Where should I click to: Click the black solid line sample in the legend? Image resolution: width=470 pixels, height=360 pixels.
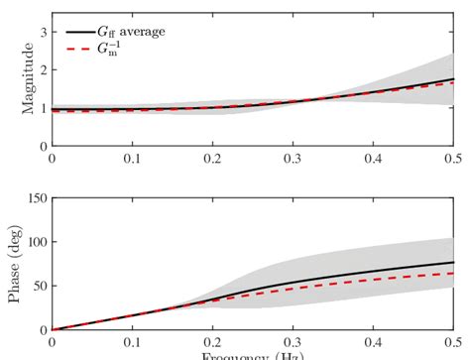pos(75,32)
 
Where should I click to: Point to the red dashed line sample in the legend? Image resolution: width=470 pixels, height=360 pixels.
pos(75,48)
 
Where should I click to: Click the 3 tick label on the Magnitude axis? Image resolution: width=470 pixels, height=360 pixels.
pos(41,33)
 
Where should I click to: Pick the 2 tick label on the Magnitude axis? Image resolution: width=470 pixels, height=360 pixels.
pos(41,70)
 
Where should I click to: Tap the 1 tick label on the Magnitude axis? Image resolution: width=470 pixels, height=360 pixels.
pos(41,108)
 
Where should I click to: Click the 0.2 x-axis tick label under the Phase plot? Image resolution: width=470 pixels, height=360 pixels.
pos(212,343)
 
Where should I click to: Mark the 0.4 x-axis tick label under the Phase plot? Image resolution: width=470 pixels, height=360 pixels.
pos(373,343)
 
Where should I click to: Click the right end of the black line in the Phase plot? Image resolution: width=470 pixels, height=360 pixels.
pos(453,263)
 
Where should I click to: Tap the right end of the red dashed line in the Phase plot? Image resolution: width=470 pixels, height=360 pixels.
pos(453,273)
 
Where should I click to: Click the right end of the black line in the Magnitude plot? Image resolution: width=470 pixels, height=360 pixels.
pos(453,79)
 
